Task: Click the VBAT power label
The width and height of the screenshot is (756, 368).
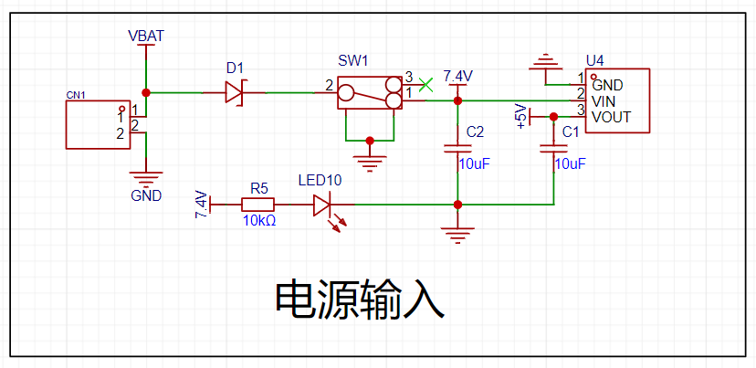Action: [145, 36]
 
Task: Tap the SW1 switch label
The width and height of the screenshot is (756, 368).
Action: [352, 62]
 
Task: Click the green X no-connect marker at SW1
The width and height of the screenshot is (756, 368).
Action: [423, 85]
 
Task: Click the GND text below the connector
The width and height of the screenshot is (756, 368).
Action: [146, 195]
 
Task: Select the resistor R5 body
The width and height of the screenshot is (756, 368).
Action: [259, 205]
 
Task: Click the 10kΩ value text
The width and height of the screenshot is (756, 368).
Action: [259, 221]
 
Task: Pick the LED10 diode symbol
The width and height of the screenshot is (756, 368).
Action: [321, 205]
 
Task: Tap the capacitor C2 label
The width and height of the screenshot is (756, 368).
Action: [475, 132]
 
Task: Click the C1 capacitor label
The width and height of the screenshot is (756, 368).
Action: [571, 132]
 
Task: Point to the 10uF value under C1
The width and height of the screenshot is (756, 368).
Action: [570, 163]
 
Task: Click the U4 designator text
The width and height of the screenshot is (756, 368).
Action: [594, 61]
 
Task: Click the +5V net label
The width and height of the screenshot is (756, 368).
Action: [521, 117]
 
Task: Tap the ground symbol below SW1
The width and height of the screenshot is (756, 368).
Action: [370, 161]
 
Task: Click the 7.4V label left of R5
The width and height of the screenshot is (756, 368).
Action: [200, 205]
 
